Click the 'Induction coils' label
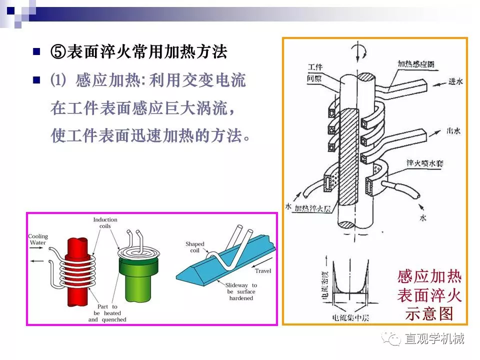(105, 223)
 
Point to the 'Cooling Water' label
(38, 239)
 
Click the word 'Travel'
(263, 271)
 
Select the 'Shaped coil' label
(194, 247)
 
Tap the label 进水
(455, 81)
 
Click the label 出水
(453, 131)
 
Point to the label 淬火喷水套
(424, 163)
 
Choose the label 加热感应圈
(415, 64)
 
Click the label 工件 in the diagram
(315, 67)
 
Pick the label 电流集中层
(350, 317)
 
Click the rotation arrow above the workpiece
(358, 51)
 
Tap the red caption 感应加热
(429, 276)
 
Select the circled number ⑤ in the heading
(58, 51)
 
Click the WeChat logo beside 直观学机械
(391, 338)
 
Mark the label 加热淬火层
(312, 209)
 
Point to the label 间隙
(314, 78)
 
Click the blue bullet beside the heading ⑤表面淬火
(36, 51)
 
